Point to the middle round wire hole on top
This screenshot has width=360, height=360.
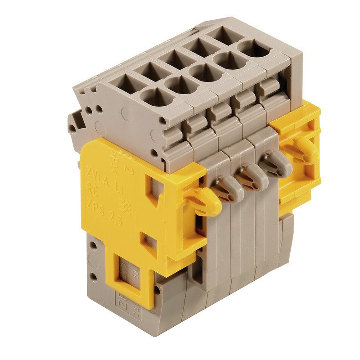pos(205,72)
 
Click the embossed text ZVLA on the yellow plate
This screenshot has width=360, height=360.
pos(95,171)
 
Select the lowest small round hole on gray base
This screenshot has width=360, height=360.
pos(93,275)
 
